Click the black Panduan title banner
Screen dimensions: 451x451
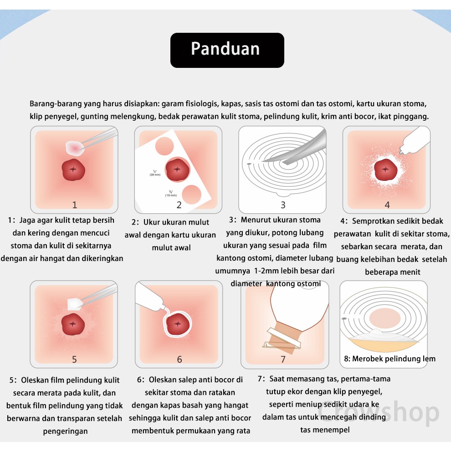tap(227, 50)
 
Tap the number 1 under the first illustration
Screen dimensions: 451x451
tap(75, 205)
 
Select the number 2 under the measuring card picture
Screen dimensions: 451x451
tap(179, 205)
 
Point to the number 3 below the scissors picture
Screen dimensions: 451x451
tap(283, 205)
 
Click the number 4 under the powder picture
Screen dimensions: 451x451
tap(387, 205)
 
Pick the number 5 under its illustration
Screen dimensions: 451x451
tap(74, 359)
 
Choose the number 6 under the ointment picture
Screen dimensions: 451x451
tap(179, 359)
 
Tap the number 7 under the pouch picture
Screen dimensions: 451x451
tap(283, 359)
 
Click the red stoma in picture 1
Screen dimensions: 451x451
tap(73, 169)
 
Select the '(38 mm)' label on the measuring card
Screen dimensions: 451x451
tap(154, 174)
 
